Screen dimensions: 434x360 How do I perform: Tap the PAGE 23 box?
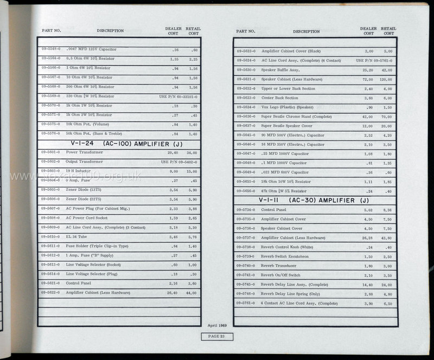(220, 337)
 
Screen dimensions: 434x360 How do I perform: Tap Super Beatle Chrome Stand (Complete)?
(296, 116)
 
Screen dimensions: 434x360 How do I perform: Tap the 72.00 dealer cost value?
(368, 79)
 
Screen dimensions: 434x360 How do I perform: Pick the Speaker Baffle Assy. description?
(280, 70)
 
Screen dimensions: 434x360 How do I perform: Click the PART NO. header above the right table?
(245, 31)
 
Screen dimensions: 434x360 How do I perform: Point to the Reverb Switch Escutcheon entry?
(286, 256)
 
